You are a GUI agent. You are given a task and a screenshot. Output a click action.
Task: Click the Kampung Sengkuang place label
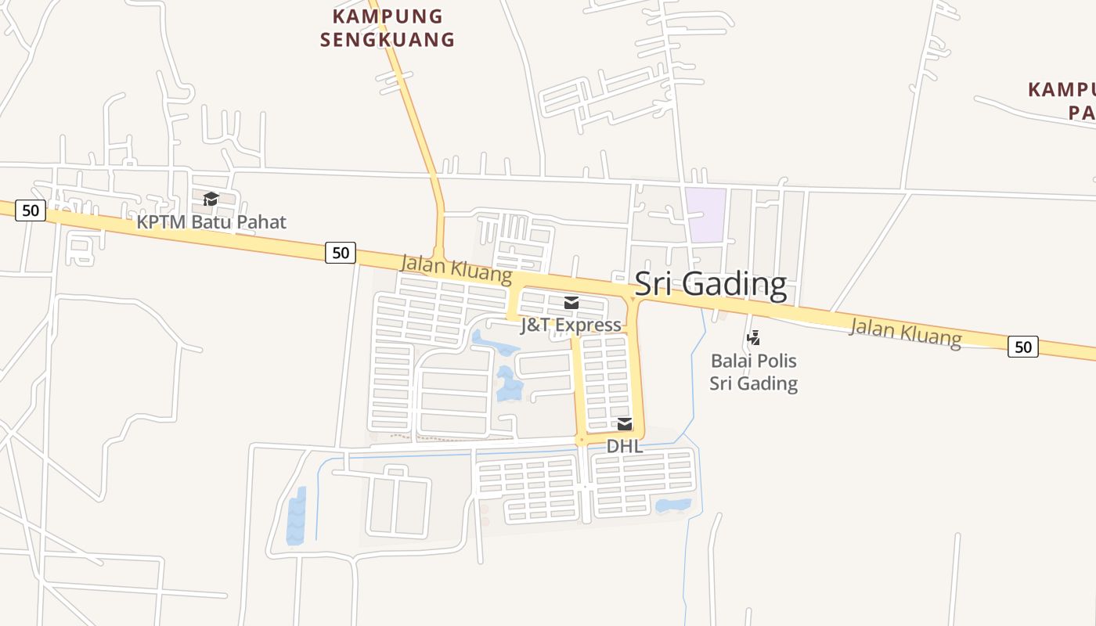point(388,27)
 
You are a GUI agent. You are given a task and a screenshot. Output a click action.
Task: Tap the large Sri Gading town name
point(710,284)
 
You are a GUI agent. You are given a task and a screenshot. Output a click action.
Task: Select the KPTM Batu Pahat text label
point(211,222)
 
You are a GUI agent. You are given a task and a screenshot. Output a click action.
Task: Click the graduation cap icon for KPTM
point(211,199)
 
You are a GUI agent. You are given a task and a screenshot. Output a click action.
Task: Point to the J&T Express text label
point(571,326)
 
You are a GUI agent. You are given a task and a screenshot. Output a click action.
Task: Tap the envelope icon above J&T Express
point(571,303)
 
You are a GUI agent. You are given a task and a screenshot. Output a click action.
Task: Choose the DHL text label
point(625,446)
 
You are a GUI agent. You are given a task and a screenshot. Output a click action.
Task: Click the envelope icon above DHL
point(625,424)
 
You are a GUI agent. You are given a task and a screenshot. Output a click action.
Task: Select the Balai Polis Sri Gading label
point(753,372)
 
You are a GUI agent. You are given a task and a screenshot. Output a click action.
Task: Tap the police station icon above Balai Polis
point(753,338)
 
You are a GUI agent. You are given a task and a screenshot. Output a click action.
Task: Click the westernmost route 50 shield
point(31,210)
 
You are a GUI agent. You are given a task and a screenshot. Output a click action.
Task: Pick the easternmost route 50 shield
point(1022,347)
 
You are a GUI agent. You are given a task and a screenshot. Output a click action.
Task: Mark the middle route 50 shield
point(341,253)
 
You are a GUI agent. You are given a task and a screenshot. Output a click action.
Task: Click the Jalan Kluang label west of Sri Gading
point(456,269)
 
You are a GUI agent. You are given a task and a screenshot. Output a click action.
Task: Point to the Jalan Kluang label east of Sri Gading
point(905,332)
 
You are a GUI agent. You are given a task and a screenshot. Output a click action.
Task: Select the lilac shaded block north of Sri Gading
point(705,214)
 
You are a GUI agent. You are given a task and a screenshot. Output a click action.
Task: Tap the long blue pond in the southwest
point(296,516)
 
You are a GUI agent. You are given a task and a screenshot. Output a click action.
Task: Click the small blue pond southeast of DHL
point(673,505)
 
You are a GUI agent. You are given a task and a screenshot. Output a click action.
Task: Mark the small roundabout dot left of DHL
point(581,441)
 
